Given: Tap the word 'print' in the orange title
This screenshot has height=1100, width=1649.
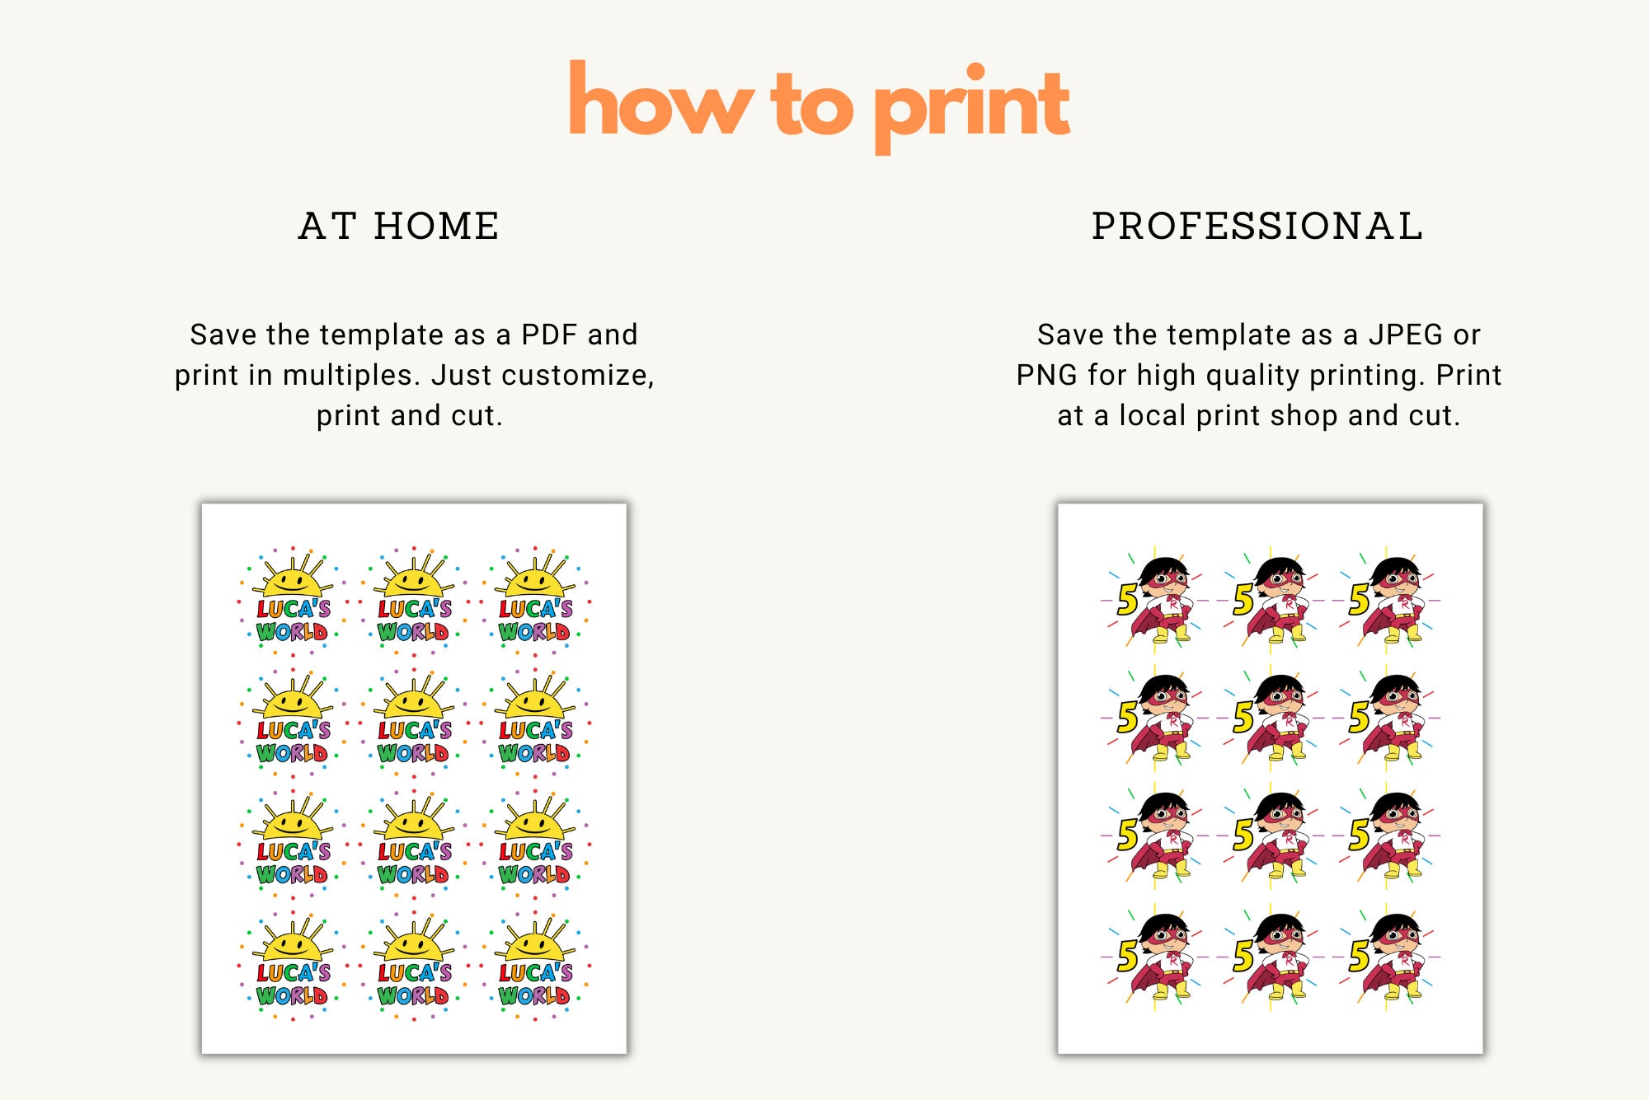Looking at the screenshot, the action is pos(972,107).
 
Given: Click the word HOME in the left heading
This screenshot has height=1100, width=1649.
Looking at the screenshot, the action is pos(437,226).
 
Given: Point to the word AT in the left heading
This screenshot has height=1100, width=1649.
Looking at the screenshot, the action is pos(328,226).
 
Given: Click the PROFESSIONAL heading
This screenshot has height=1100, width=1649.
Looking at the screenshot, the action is pos(1257,226).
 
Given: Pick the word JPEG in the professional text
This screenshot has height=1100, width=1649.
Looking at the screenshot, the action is pos(1406,335).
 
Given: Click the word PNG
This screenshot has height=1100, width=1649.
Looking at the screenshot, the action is pos(1046,375).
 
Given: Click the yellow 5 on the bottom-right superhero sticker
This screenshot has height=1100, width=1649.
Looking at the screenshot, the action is pos(1360,956).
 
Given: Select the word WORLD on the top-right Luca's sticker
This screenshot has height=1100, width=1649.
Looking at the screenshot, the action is pos(534,632).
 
